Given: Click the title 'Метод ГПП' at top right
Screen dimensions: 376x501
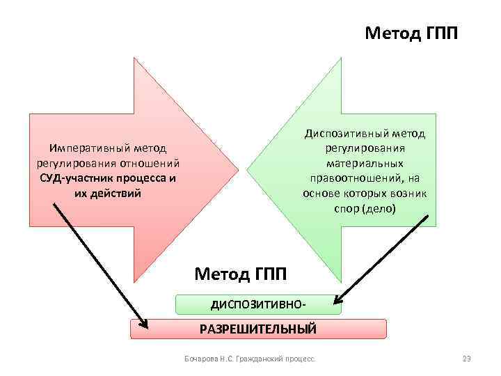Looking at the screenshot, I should tap(411, 33).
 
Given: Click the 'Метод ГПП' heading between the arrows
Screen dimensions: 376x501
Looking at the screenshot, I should tap(240, 274).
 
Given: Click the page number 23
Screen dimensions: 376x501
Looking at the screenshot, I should tap(467, 359).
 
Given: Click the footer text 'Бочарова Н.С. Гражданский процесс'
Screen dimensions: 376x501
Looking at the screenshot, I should tap(249, 359).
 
